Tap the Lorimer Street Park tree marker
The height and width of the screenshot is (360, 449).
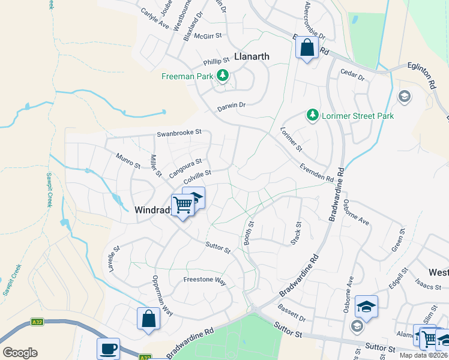(312, 115)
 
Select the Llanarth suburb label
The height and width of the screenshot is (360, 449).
(251, 56)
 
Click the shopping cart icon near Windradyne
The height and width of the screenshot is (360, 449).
(182, 205)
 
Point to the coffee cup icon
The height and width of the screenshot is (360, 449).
(108, 349)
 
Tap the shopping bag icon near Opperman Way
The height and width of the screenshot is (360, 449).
(148, 319)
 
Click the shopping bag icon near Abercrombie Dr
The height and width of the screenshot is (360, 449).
(307, 49)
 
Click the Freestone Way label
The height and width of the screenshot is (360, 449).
(205, 280)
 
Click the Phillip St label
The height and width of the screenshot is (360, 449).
(216, 61)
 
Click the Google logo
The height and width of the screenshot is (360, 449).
(20, 353)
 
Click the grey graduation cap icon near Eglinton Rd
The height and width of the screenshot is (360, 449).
(405, 96)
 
